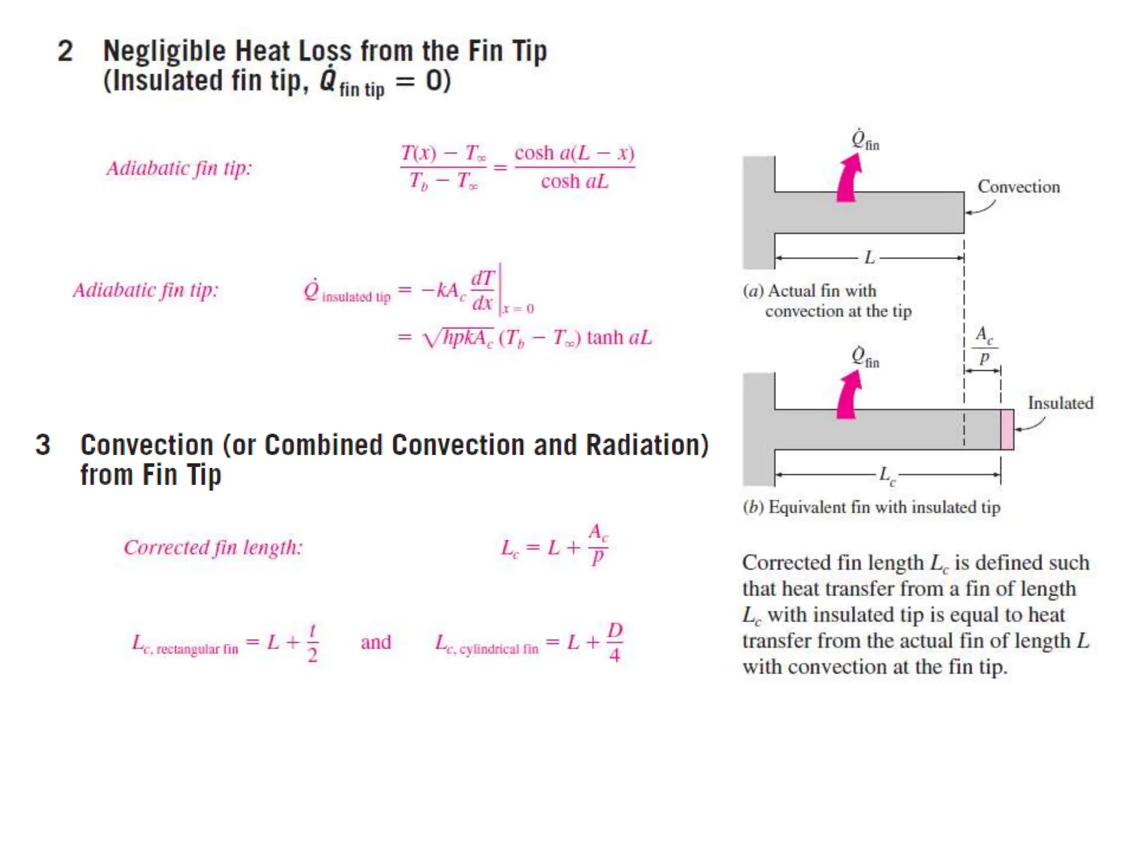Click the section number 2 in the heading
point(65,52)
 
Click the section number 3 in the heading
point(43,445)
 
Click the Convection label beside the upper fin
point(1018,187)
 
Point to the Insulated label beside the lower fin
point(1060,403)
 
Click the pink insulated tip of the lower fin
point(1007,429)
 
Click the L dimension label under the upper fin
point(869,258)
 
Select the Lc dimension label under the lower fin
point(887,475)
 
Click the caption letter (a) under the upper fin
point(753,291)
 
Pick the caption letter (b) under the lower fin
point(753,507)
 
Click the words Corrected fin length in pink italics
point(213,547)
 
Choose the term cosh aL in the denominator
point(575,182)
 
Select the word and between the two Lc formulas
point(376,642)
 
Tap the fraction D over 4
point(615,643)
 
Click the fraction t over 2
point(313,643)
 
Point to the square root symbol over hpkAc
point(432,338)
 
